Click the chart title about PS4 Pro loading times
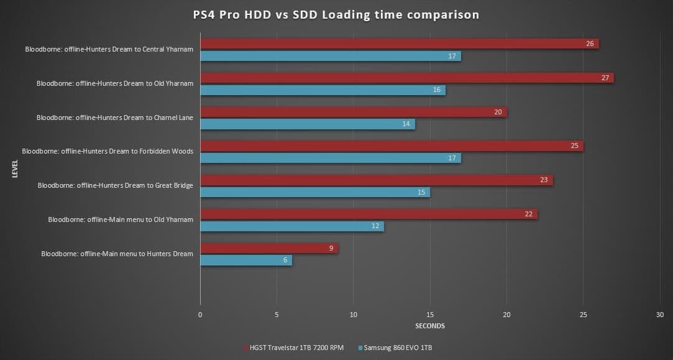pyautogui.click(x=336, y=15)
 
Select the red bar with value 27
pyautogui.click(x=406, y=78)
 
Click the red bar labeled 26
pyautogui.click(x=399, y=44)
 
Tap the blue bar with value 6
pyautogui.click(x=245, y=260)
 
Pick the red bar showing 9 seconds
pyautogui.click(x=268, y=248)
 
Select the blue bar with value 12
pyautogui.click(x=291, y=226)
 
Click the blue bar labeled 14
pyautogui.click(x=307, y=124)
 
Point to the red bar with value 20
pyautogui.click(x=353, y=112)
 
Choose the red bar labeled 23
pyautogui.click(x=376, y=180)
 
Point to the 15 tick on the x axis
pyautogui.click(x=430, y=315)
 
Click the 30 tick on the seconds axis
pyautogui.click(x=660, y=315)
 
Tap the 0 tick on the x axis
pyautogui.click(x=200, y=315)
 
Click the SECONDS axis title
pyautogui.click(x=429, y=326)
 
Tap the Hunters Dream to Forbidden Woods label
pyautogui.click(x=108, y=151)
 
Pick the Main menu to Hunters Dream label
pyautogui.click(x=117, y=254)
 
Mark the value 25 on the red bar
pyautogui.click(x=574, y=146)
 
